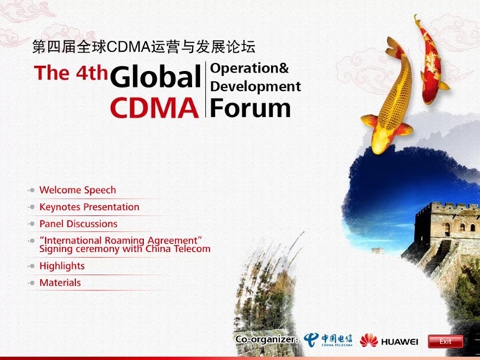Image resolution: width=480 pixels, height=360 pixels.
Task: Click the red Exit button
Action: (x=445, y=341)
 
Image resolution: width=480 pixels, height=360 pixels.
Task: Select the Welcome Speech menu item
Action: (x=78, y=190)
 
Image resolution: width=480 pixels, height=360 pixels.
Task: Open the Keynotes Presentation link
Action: (x=90, y=207)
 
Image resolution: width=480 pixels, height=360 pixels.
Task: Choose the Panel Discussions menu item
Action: (x=78, y=224)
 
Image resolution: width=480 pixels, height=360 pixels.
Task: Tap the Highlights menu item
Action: (x=62, y=265)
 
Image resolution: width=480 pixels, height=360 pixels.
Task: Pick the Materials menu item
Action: (x=60, y=283)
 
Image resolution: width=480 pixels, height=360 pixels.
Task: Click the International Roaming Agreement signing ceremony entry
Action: (x=125, y=245)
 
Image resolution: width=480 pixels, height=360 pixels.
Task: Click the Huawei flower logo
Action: (x=369, y=341)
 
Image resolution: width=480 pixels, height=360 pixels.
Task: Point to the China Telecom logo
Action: (x=328, y=340)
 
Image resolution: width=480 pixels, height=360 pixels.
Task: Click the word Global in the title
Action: (x=155, y=76)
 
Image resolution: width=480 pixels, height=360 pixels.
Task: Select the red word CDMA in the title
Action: (x=154, y=108)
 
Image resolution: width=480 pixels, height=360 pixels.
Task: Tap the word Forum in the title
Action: (x=251, y=108)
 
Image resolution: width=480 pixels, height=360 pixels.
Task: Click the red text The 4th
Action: (x=71, y=72)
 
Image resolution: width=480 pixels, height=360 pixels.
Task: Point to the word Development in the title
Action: (x=256, y=87)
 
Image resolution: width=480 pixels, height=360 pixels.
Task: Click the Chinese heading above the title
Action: (x=144, y=47)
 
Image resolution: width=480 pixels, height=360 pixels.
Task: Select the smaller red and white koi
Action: (x=431, y=61)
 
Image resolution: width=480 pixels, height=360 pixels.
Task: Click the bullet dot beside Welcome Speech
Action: (x=32, y=190)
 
